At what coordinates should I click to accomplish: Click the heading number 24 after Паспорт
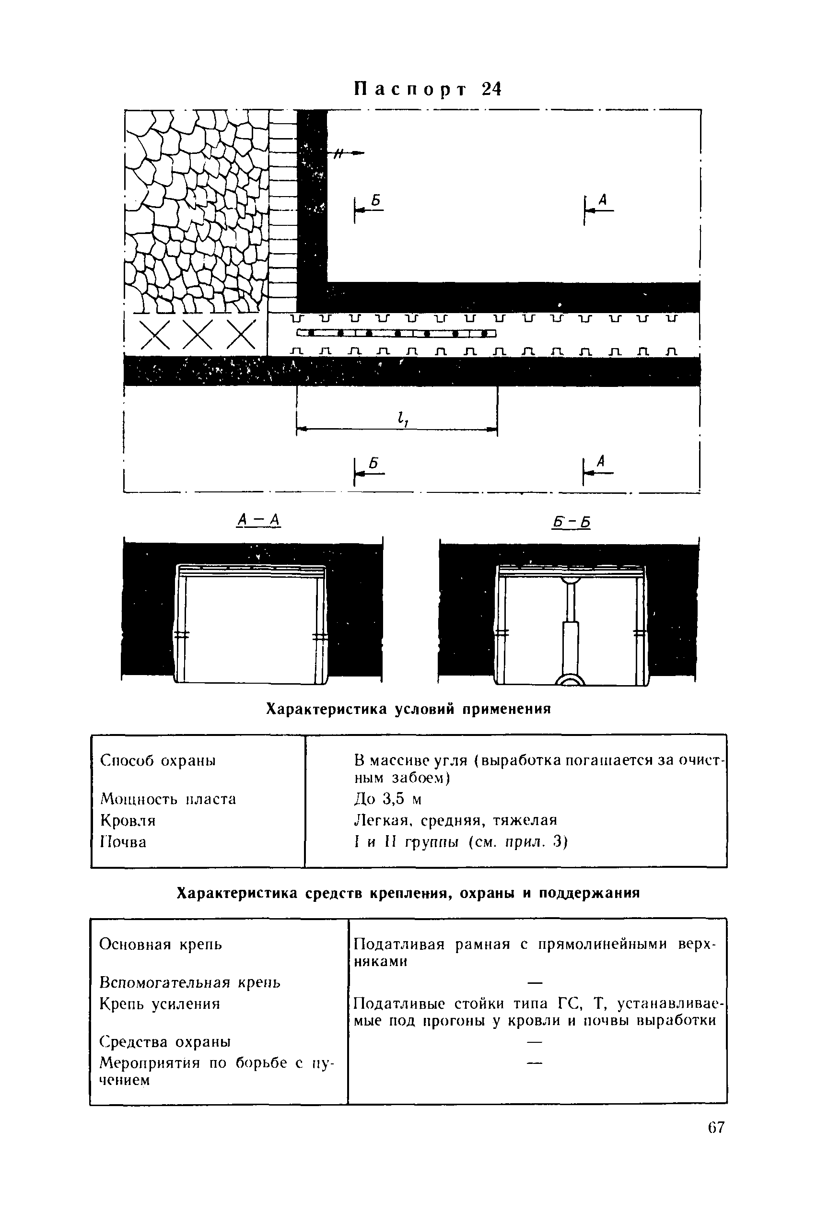pos(491,90)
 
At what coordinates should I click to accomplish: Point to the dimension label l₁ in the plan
pos(402,419)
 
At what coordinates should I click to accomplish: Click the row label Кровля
pos(128,821)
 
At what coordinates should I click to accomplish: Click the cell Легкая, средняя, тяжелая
pos(455,820)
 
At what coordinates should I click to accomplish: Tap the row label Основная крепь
pos(161,944)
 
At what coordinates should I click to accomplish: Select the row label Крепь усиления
pos(160,1003)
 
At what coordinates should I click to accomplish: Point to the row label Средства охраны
pos(164,1042)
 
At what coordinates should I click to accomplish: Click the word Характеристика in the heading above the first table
pos(326,709)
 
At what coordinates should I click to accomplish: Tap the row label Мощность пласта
pos(168,799)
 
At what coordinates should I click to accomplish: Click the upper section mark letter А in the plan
pos(603,199)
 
